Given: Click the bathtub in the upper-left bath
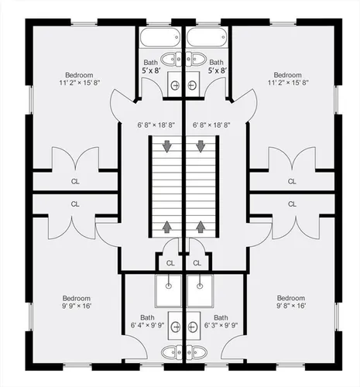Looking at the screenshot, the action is [160, 37].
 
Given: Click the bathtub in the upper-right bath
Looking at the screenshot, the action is [207, 37].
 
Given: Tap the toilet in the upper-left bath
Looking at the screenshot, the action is [171, 59].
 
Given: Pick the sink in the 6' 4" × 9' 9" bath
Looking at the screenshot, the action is [175, 326].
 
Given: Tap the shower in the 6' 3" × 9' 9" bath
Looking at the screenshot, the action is [201, 291].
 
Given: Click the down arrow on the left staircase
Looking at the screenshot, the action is [167, 146].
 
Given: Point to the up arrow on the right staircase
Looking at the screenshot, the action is [201, 227].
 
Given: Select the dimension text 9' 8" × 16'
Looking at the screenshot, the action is [291, 306].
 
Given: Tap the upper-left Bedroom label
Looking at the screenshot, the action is [79, 75].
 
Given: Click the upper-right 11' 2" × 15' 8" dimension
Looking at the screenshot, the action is [288, 83].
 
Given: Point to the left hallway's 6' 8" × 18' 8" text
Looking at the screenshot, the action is [156, 125].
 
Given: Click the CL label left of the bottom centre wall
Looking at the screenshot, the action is [170, 263].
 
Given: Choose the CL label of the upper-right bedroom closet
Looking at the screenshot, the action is [292, 181].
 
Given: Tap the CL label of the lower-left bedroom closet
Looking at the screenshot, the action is [75, 204].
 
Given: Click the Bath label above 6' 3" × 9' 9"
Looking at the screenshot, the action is [221, 317].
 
